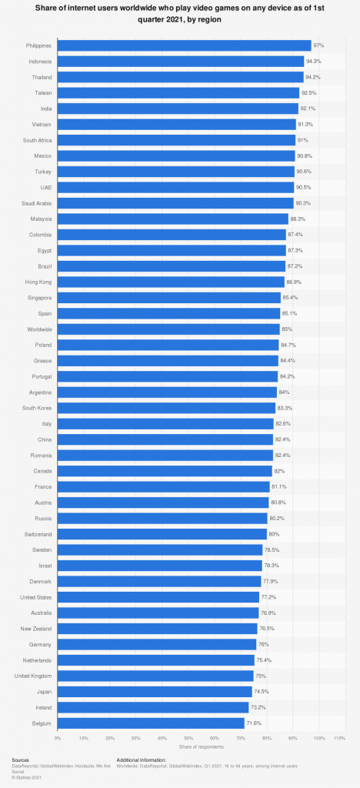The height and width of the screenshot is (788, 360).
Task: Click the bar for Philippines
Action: (x=185, y=45)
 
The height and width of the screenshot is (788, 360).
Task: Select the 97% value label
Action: (x=319, y=45)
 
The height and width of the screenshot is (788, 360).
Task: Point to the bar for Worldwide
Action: (x=168, y=329)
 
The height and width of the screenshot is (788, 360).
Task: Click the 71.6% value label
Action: (x=254, y=723)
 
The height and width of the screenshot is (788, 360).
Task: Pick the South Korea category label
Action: (x=38, y=408)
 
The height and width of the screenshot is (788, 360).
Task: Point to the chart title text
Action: (x=180, y=14)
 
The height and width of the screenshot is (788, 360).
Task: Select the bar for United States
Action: (x=158, y=596)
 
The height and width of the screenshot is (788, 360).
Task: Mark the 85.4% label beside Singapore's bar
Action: (x=291, y=297)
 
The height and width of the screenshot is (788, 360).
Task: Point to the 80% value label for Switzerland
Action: (x=275, y=533)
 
